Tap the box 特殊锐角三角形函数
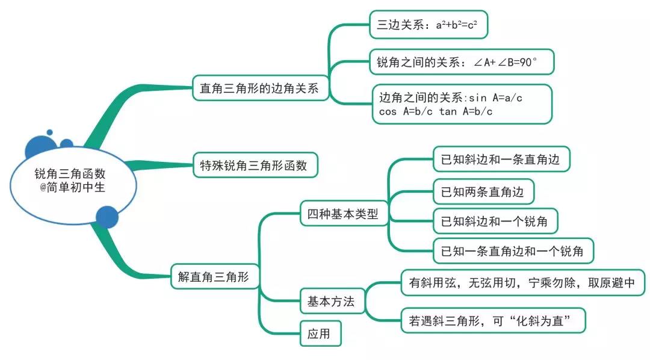pyautogui.click(x=255, y=166)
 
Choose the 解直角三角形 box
pyautogui.click(x=214, y=277)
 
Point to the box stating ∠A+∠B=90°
pyautogui.click(x=461, y=62)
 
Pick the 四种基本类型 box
pyautogui.click(x=342, y=213)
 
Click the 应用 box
pyautogui.click(x=320, y=334)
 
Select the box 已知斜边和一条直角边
pyautogui.click(x=501, y=160)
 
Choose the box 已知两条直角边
pyautogui.click(x=483, y=192)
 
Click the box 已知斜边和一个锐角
pyautogui.click(x=495, y=221)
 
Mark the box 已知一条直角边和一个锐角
pyautogui.click(x=513, y=251)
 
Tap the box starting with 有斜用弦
pyautogui.click(x=522, y=283)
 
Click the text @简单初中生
pyautogui.click(x=71, y=187)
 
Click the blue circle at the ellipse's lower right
pyautogui.click(x=107, y=217)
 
